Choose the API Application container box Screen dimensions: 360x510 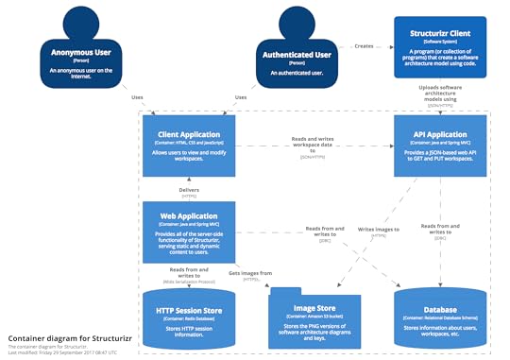(440, 146)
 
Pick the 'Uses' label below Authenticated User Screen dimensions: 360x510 (241, 96)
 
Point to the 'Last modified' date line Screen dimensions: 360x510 (60, 351)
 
